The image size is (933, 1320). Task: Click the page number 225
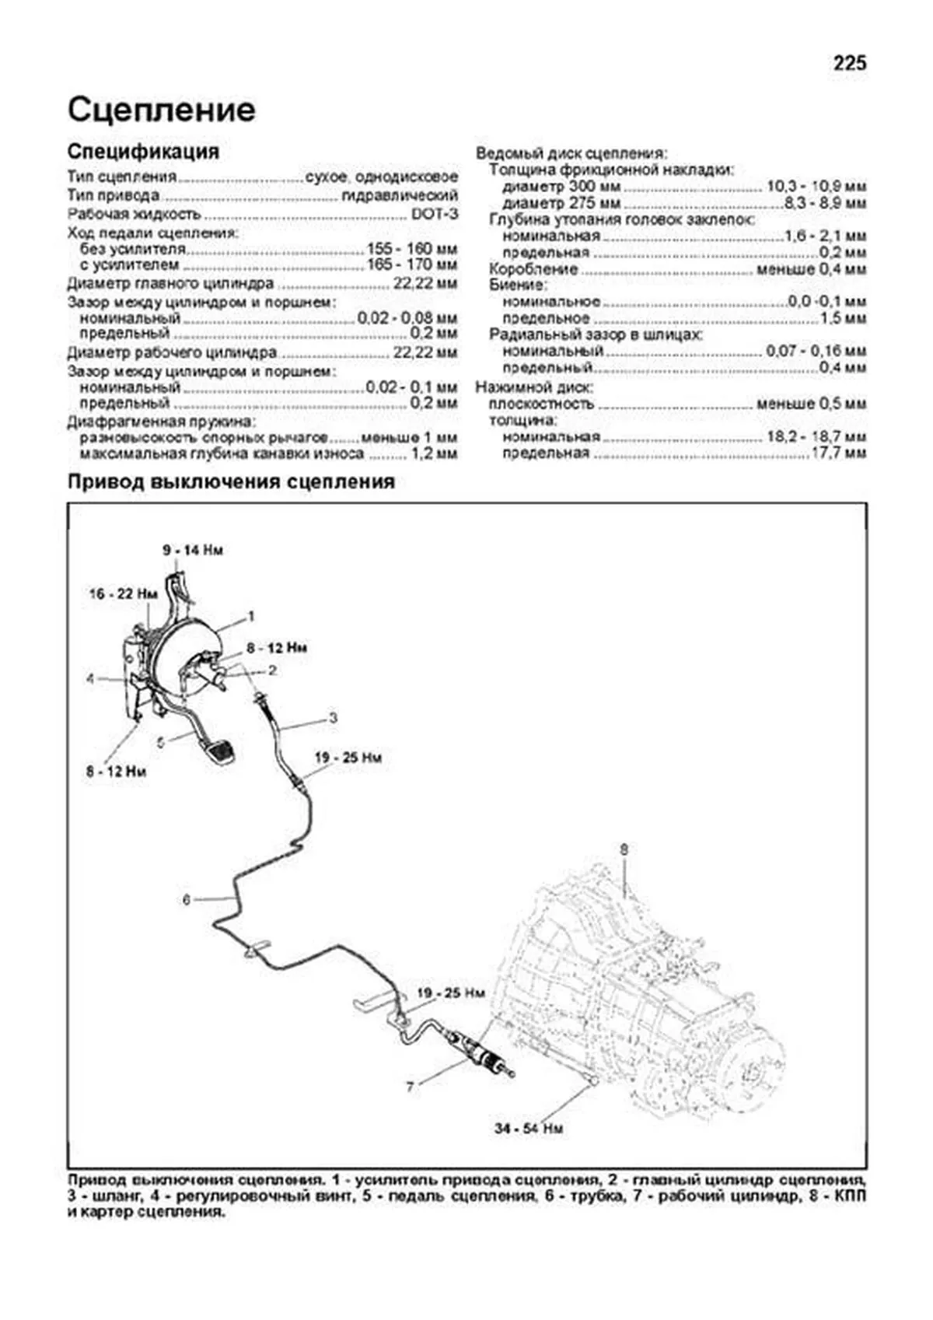click(849, 63)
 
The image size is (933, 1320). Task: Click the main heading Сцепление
click(161, 110)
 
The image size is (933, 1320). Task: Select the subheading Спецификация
click(143, 151)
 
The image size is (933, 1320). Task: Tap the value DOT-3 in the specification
click(435, 214)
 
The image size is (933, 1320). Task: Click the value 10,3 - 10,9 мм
click(816, 187)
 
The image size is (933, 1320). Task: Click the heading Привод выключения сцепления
click(231, 482)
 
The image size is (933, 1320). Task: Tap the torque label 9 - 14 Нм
click(193, 551)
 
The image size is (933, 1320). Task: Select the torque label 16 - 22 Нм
click(123, 594)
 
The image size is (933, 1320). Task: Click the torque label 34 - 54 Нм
click(529, 1128)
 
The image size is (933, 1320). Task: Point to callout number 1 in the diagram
click(251, 616)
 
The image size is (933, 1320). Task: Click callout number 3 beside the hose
click(333, 717)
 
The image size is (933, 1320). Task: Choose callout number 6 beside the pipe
click(187, 900)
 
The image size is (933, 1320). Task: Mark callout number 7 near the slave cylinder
click(410, 1087)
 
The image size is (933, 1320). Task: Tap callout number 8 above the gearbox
click(623, 849)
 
